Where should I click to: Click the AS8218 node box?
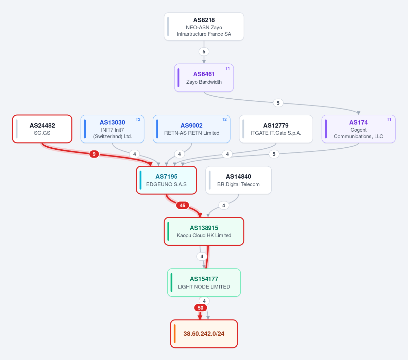[x=204, y=27]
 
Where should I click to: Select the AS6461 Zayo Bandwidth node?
[x=204, y=78]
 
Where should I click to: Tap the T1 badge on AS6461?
[x=227, y=68]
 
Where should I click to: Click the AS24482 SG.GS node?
[x=42, y=129]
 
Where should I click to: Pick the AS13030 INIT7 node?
[x=113, y=129]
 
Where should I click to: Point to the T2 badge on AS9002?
[x=224, y=119]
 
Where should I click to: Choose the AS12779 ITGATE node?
[x=276, y=129]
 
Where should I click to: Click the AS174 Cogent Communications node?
[x=358, y=129]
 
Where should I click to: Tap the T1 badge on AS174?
[x=389, y=119]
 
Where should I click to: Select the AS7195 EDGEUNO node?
[x=166, y=180]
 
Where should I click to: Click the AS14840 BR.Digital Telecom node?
[x=238, y=180]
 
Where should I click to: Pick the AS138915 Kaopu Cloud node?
[x=204, y=231]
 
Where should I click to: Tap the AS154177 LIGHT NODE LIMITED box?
[x=204, y=283]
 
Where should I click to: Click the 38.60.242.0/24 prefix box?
[x=204, y=334]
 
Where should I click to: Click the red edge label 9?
[x=94, y=154]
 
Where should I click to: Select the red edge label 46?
[x=183, y=206]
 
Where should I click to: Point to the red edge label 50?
[x=200, y=308]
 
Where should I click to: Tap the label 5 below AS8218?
[x=204, y=52]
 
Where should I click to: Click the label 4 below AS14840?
[x=223, y=206]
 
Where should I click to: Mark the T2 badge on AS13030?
[x=138, y=119]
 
